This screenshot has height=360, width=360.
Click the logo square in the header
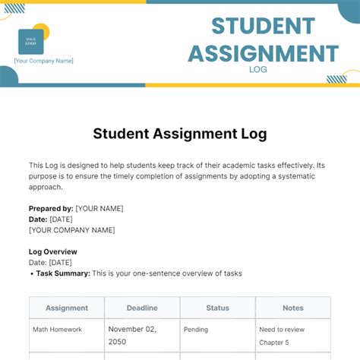click(31, 42)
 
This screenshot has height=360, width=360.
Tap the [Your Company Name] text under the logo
click(43, 61)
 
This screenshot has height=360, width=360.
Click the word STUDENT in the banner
click(263, 26)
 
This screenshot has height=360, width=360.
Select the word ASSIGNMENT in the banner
click(263, 53)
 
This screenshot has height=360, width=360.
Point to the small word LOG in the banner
click(258, 70)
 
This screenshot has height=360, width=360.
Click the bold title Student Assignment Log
click(180, 134)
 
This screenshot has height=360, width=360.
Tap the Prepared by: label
click(51, 208)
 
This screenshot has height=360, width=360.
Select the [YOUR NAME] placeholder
click(99, 208)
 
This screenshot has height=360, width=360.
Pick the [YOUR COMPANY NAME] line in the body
click(71, 229)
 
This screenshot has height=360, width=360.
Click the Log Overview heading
click(52, 251)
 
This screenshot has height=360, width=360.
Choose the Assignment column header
click(67, 308)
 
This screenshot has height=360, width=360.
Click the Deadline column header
click(142, 308)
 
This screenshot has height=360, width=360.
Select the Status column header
click(217, 308)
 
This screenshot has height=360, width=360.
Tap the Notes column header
click(292, 308)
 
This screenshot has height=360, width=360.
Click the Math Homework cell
click(57, 330)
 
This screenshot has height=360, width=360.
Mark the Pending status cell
click(197, 330)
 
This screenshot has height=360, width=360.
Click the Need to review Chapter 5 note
click(283, 335)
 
